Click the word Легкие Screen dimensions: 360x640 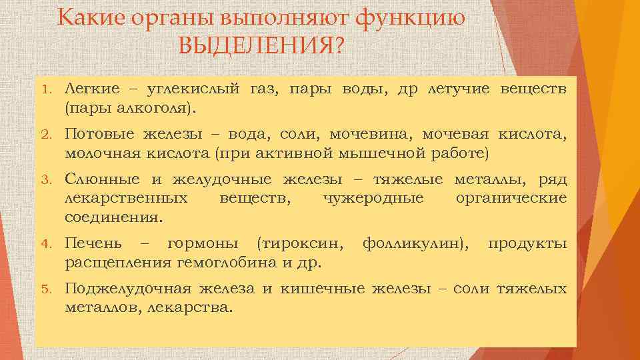tap(92, 89)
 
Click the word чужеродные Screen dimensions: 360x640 tap(373, 198)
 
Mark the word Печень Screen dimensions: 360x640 tap(93, 243)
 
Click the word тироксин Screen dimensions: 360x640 tap(303, 243)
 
